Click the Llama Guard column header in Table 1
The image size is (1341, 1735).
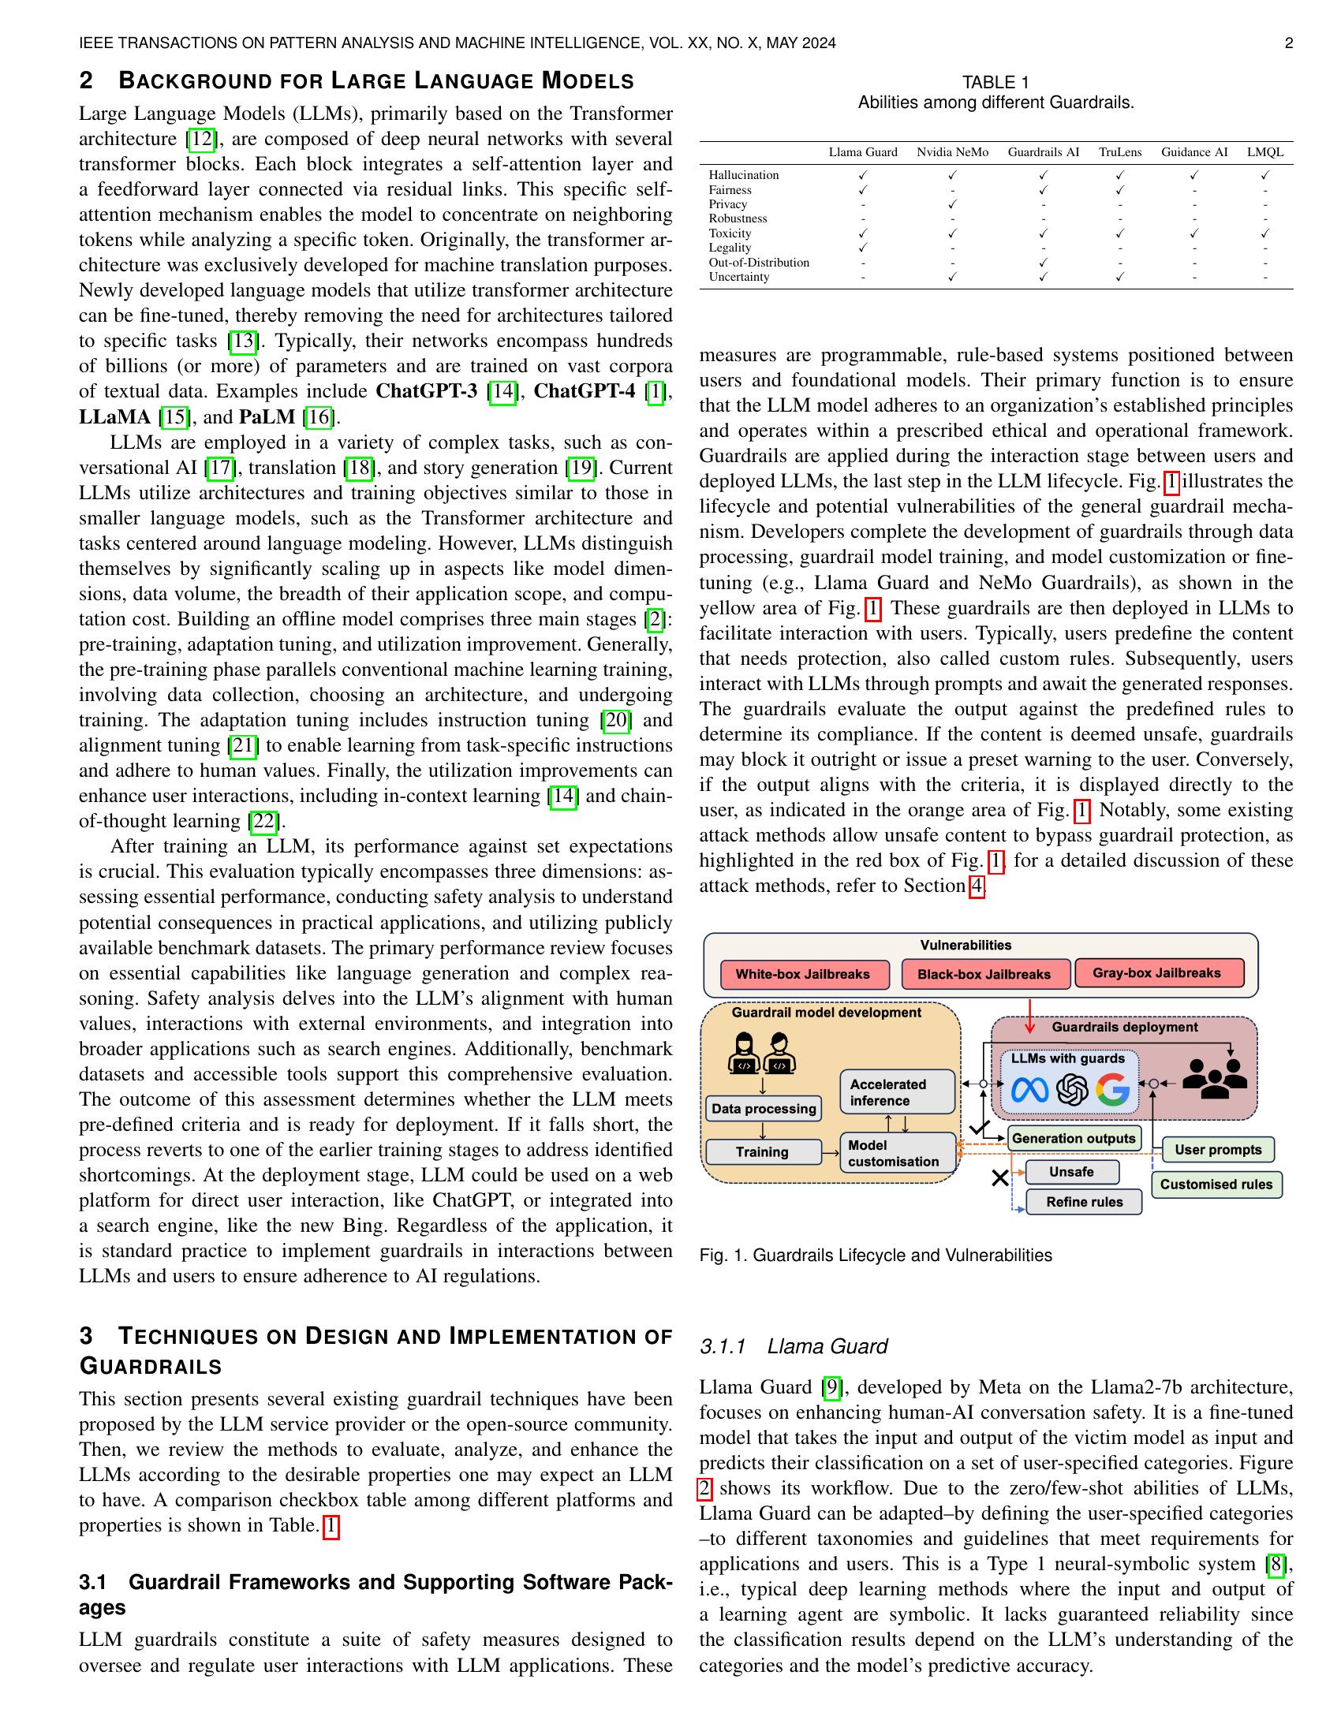click(863, 152)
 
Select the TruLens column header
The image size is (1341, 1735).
click(1119, 152)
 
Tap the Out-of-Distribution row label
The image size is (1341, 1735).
click(759, 263)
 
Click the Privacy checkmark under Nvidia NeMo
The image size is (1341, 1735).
click(953, 204)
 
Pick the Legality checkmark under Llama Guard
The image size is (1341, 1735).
click(863, 248)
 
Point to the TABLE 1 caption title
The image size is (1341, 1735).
click(995, 83)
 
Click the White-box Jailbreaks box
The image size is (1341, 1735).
click(802, 974)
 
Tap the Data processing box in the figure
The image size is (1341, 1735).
click(764, 1109)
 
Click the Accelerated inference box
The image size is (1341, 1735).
click(897, 1092)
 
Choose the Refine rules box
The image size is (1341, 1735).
click(1084, 1202)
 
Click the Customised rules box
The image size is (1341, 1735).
click(1216, 1185)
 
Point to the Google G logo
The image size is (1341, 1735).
click(1112, 1091)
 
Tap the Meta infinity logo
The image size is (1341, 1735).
click(1029, 1091)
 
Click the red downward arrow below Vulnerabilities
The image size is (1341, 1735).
click(1029, 1016)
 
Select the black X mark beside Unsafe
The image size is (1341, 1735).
click(1000, 1178)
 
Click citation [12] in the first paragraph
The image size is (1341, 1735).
click(201, 140)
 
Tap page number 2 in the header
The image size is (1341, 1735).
click(1289, 43)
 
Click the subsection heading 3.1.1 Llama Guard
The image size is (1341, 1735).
click(793, 1346)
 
